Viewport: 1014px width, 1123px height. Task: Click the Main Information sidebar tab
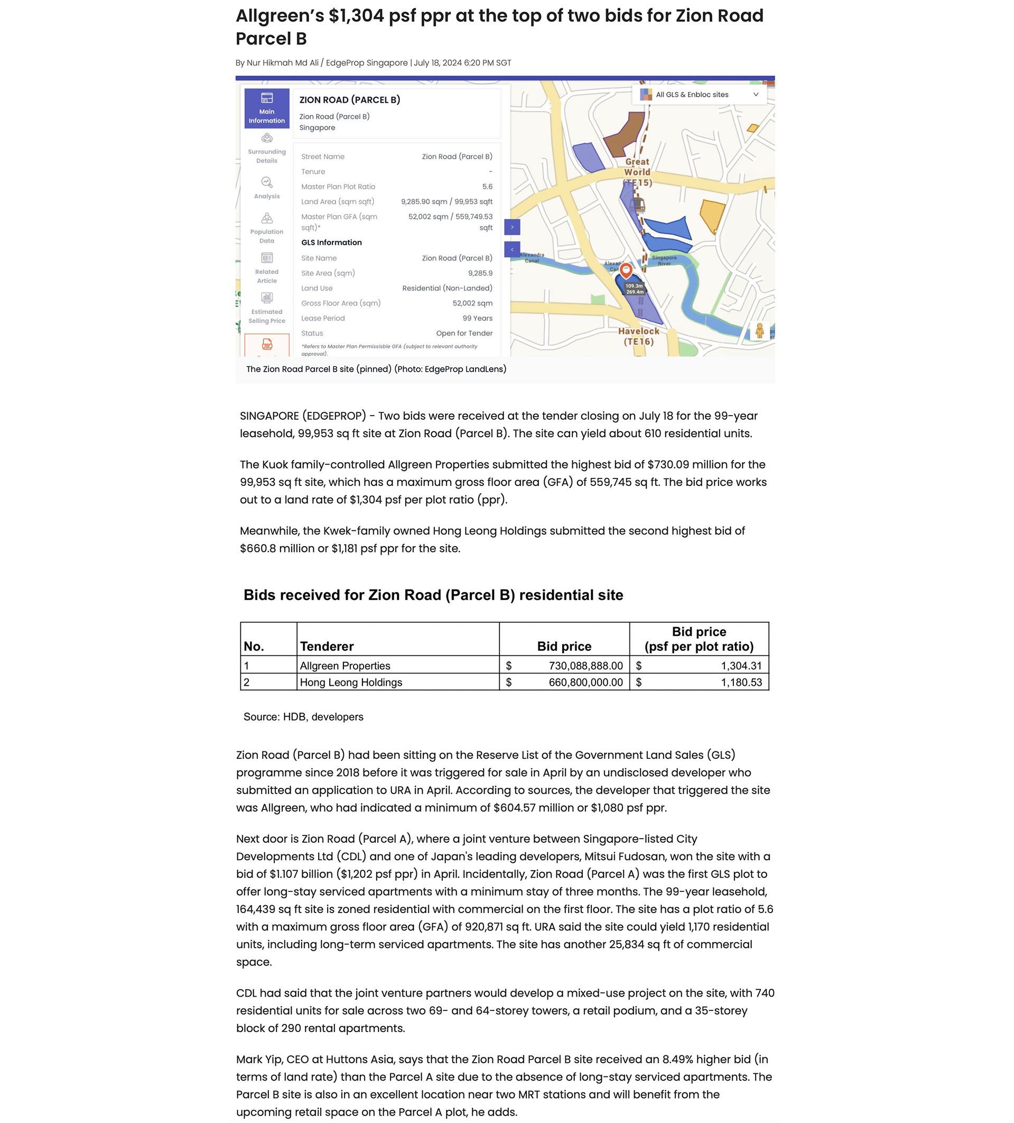pos(267,108)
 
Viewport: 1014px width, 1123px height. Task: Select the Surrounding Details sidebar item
pos(267,148)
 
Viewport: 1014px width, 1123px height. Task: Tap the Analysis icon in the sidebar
pos(267,182)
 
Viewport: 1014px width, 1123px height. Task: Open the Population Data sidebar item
pos(267,228)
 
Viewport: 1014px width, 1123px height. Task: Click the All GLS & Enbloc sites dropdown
pos(699,94)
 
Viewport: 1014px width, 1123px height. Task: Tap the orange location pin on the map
pos(626,270)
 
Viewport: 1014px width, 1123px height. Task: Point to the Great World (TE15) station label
pos(637,171)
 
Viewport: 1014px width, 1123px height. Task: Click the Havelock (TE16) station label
pos(638,336)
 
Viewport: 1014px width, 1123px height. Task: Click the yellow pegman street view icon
pos(759,331)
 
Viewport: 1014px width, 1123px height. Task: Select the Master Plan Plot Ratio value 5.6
pos(487,187)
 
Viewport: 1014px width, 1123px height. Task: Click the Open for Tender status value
pos(464,333)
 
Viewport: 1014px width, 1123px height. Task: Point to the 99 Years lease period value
pos(477,318)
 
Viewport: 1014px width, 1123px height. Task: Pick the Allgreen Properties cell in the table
pos(345,666)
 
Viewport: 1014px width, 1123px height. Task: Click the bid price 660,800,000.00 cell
pos(585,683)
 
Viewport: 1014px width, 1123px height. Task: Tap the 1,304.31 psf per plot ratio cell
pos(741,666)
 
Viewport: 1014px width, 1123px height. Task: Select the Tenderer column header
pos(327,646)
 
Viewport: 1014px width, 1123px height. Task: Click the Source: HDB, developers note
pos(303,717)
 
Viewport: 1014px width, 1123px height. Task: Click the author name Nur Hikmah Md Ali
pos(282,63)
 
